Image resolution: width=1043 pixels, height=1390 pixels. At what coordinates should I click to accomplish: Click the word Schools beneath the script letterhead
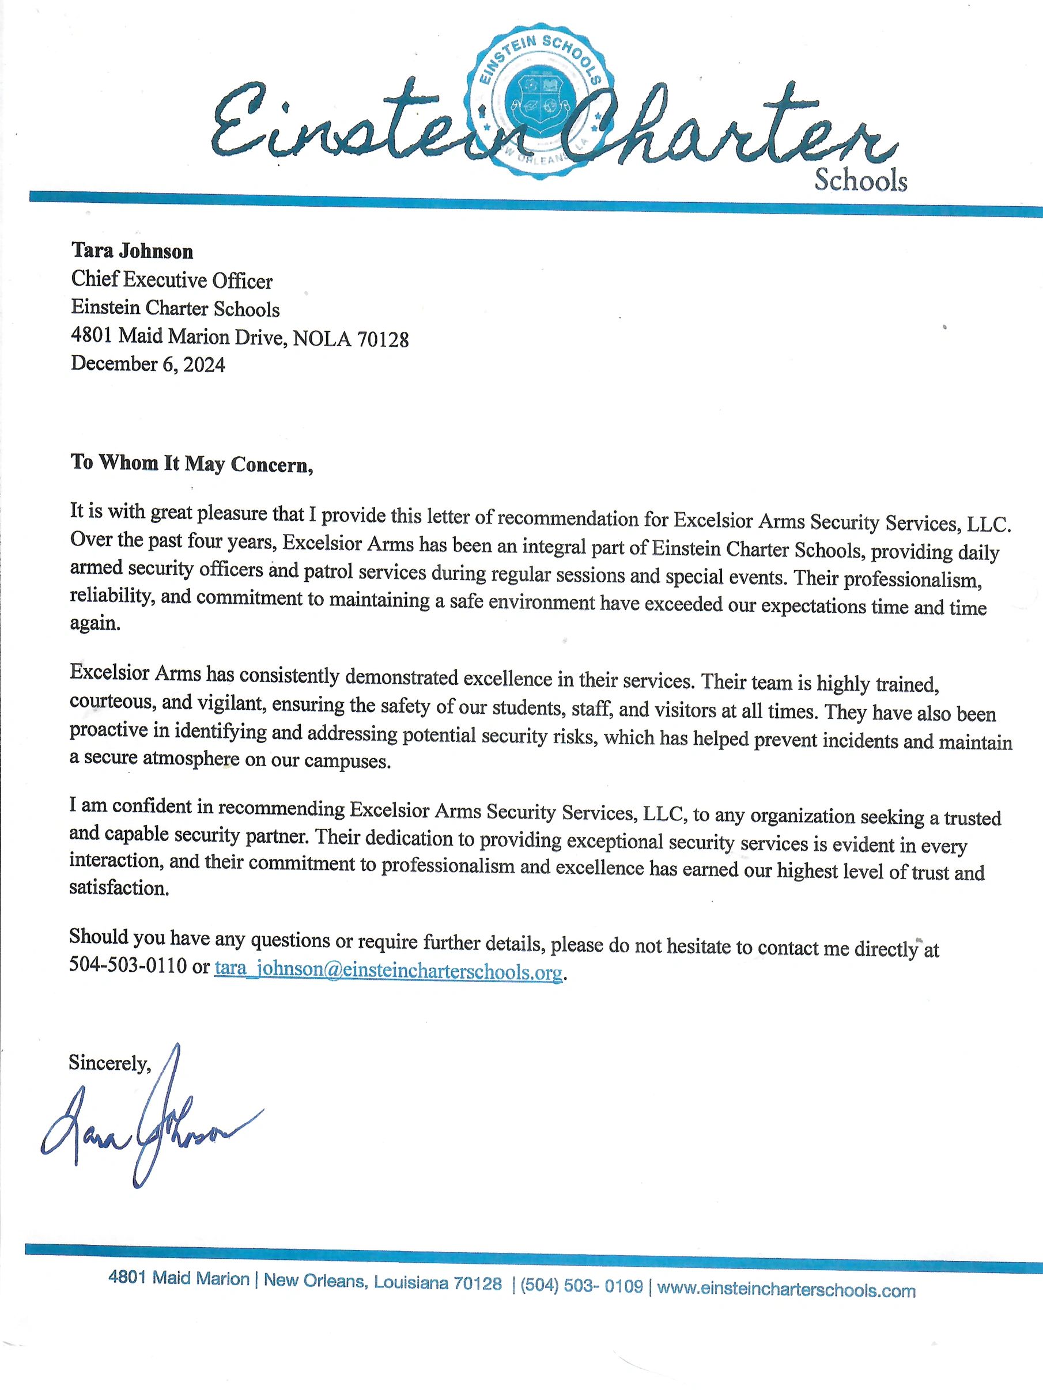[x=861, y=180]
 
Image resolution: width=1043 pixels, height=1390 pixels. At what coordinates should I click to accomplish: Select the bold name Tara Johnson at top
[x=132, y=251]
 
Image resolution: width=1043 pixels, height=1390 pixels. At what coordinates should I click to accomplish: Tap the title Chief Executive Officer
[x=172, y=281]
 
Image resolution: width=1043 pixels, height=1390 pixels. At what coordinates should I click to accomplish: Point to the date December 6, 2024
[x=148, y=364]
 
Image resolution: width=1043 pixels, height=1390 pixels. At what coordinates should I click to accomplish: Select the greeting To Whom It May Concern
[x=192, y=463]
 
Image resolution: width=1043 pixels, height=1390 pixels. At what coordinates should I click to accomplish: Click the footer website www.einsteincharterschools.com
[x=786, y=1291]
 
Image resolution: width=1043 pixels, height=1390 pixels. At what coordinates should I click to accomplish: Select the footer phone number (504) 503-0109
[x=581, y=1286]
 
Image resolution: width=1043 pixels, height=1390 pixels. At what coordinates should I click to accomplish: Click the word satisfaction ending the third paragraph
[x=119, y=888]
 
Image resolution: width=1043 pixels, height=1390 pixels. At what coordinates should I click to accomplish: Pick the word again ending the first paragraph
[x=95, y=623]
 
